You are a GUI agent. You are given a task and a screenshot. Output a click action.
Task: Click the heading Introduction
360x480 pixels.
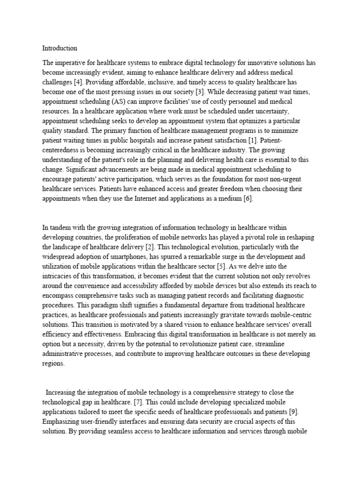click(60, 48)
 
